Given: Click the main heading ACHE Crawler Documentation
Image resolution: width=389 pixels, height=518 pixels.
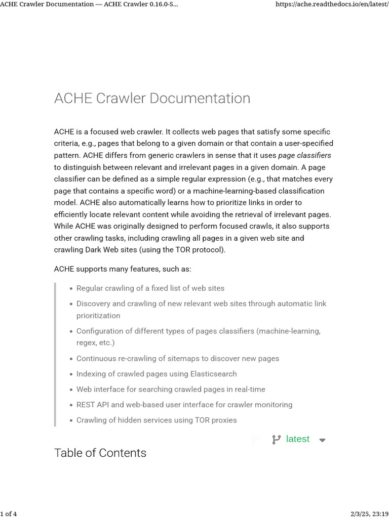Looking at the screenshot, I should tap(152, 98).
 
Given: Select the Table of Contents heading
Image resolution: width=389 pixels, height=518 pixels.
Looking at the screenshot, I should tap(100, 453).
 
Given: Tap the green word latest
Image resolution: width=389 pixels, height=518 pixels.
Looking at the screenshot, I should tap(297, 439).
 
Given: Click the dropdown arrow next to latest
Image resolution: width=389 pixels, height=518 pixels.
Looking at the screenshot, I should tap(322, 440).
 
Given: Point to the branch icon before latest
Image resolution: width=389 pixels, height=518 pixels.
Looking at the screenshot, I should tap(276, 440).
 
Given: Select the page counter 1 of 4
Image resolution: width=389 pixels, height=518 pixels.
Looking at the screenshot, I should tap(9, 514).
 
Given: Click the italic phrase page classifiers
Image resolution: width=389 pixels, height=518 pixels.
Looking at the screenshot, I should tap(304, 155).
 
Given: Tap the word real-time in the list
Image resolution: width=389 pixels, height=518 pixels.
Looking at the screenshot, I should tap(249, 390).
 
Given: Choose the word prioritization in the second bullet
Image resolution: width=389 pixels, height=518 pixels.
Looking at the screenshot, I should tap(98, 316).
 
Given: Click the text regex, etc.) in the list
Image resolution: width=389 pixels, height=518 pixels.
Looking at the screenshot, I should tap(95, 343).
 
